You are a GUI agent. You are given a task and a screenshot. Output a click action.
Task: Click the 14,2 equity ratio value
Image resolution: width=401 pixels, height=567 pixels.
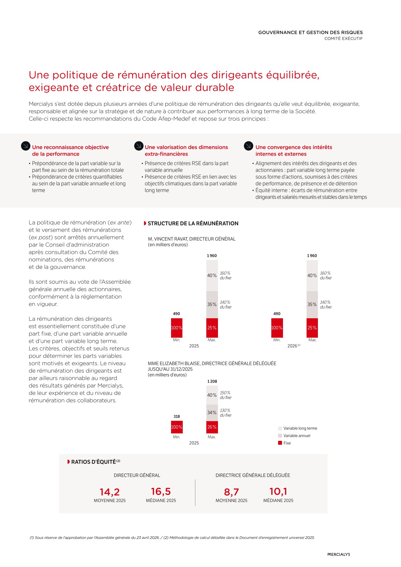[x=110, y=492]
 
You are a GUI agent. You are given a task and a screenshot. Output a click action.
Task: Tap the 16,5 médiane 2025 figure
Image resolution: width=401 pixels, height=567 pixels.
[x=161, y=492]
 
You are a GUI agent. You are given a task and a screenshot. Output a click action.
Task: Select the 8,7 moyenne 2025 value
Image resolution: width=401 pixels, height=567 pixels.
[x=231, y=492]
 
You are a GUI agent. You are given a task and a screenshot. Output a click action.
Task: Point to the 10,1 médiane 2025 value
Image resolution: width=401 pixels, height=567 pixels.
[x=278, y=492]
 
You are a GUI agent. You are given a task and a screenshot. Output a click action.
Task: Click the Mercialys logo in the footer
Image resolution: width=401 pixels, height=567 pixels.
[x=339, y=554]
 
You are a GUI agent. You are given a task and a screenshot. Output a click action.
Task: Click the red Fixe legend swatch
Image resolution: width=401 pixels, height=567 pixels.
[x=280, y=443]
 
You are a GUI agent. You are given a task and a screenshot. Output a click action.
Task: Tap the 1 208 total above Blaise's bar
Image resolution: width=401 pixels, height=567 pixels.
[x=212, y=382]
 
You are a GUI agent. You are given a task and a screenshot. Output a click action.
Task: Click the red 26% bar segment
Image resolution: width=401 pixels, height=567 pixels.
[x=212, y=427]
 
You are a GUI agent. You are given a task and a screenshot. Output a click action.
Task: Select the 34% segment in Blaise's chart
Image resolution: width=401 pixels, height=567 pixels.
[x=212, y=413]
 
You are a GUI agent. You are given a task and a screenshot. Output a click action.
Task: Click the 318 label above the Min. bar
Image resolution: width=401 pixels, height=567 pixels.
[x=177, y=417]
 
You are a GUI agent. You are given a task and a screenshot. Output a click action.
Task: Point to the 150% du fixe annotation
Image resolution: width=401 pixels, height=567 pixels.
[x=225, y=395]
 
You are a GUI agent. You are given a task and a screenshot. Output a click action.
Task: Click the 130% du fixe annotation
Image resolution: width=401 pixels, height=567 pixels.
[x=225, y=413]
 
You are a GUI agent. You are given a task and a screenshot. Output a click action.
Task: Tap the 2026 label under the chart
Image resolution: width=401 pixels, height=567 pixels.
[x=292, y=346]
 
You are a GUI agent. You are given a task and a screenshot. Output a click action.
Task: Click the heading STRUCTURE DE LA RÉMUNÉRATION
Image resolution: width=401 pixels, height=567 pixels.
[x=193, y=224]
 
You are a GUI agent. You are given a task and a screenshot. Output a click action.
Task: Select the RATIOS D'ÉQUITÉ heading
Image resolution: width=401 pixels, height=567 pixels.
[x=93, y=462]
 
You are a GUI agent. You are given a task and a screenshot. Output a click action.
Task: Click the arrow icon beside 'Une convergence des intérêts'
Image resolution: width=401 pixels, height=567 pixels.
[x=248, y=146]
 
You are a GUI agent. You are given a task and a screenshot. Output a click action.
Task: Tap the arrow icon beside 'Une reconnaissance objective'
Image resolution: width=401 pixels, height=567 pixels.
[x=26, y=146]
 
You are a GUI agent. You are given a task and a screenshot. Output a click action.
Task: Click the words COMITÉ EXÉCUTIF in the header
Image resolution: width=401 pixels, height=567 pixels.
[x=343, y=38]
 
